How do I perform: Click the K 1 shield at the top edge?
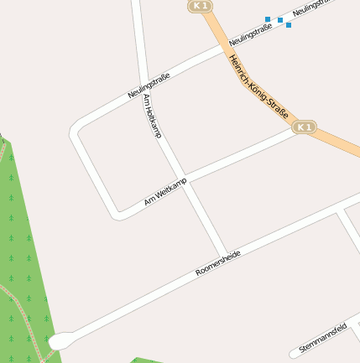pos(199,6)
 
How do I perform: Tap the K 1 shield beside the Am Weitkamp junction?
pos(305,127)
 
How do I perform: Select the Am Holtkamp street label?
pos(153,116)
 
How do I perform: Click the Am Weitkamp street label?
pos(164,192)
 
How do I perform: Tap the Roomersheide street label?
pos(218,262)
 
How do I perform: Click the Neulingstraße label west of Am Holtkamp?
pos(149,86)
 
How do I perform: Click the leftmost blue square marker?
pos(268,18)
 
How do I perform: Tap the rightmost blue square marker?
pos(289,25)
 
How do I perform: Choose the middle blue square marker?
pos(280,20)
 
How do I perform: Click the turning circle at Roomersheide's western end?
pos(58,341)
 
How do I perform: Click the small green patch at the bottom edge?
pos(151,360)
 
